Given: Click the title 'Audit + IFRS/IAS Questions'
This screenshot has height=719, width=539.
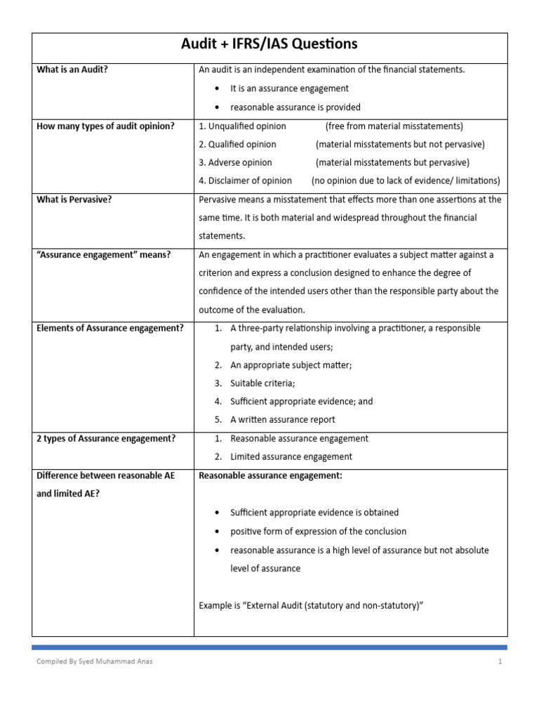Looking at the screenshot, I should [x=269, y=45].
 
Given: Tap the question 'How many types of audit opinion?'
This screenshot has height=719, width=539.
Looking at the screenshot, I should [x=105, y=126].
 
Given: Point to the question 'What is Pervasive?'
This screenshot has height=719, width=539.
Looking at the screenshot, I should [x=74, y=199].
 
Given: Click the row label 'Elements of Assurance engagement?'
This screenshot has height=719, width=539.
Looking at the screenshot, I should [x=110, y=328].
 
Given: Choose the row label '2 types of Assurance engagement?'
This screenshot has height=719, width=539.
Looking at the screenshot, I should [x=106, y=438].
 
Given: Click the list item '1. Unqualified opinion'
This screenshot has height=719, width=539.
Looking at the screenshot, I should [x=243, y=126].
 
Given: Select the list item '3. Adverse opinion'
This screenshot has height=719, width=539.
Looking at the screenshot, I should [x=235, y=163].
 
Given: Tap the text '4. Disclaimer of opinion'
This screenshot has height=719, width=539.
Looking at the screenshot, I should [x=246, y=181].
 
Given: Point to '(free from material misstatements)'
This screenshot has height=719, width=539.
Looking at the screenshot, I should [x=394, y=126].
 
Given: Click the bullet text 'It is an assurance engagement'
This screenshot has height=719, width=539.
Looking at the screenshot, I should [x=289, y=88].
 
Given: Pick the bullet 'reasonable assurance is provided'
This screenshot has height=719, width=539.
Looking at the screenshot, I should [x=295, y=107].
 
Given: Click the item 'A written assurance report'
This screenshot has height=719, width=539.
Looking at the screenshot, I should [x=283, y=420].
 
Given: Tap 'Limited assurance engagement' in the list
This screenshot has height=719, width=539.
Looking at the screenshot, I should [x=291, y=456].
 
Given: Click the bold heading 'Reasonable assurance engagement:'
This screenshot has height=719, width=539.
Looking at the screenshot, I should [x=271, y=475].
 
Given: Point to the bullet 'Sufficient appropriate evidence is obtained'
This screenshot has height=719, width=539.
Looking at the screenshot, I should [x=314, y=513].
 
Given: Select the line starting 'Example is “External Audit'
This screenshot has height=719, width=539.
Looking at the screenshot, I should [x=311, y=605].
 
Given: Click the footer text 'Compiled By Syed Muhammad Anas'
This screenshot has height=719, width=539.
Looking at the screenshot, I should [x=93, y=661].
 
